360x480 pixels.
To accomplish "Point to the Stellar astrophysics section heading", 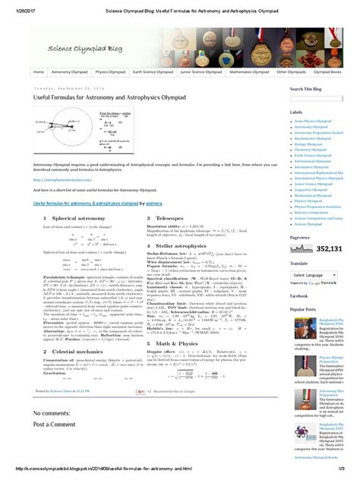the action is click(x=174, y=246).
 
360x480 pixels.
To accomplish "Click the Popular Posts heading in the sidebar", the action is click(x=302, y=309).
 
